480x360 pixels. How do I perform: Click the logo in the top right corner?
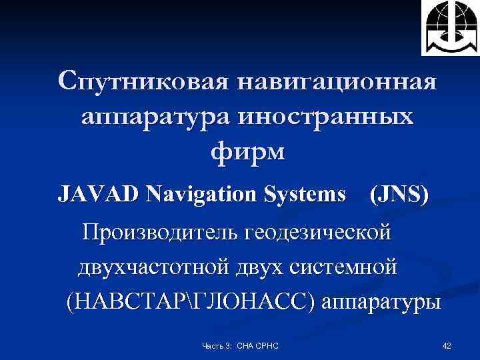(449, 27)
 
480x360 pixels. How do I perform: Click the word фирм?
(247, 152)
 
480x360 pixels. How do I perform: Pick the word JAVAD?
(99, 195)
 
